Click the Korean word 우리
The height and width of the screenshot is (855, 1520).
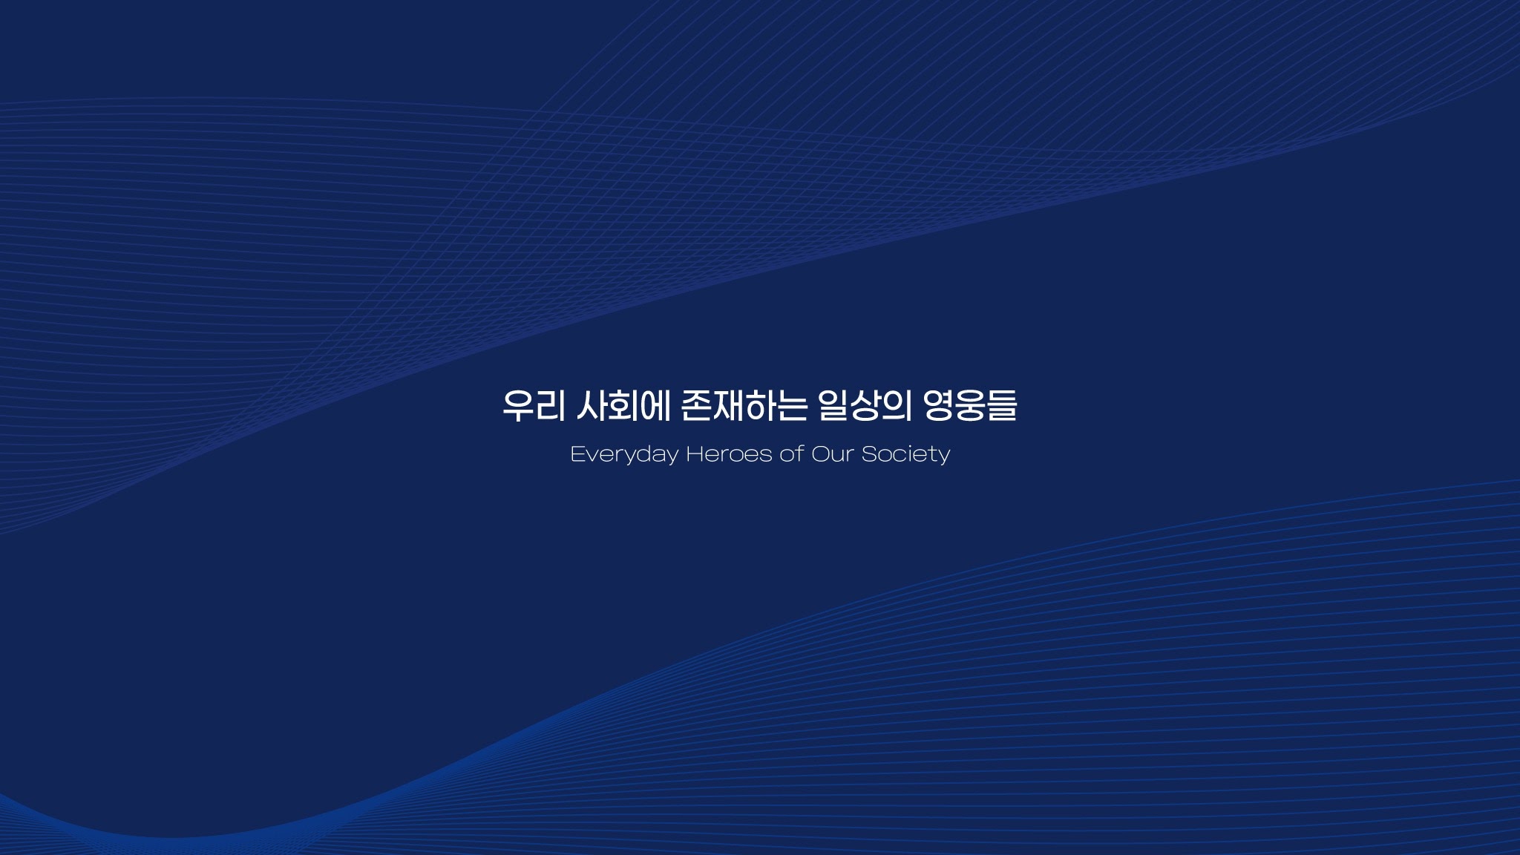tap(534, 406)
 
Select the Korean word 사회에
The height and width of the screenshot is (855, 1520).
tap(623, 406)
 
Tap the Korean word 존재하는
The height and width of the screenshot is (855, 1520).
tap(743, 406)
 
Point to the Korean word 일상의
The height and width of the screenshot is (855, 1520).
tap(865, 406)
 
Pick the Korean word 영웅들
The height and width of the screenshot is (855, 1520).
tap(970, 406)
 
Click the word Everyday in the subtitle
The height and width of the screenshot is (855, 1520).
tap(624, 454)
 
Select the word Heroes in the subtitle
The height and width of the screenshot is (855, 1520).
tap(729, 453)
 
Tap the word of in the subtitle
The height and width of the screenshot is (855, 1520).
tap(792, 453)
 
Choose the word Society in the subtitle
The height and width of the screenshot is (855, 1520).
tap(905, 454)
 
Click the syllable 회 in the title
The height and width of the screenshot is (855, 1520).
tap(624, 406)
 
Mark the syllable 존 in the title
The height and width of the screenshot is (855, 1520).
tap(696, 406)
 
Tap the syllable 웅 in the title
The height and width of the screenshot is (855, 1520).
tap(970, 406)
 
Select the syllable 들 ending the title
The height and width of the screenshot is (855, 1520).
tap(1002, 406)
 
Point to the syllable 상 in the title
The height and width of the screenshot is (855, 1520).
tap(865, 406)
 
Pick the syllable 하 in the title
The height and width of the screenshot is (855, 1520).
tap(759, 406)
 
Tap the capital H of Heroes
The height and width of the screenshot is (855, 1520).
tap(695, 453)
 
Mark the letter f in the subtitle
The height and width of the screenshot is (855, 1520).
tap(799, 453)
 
